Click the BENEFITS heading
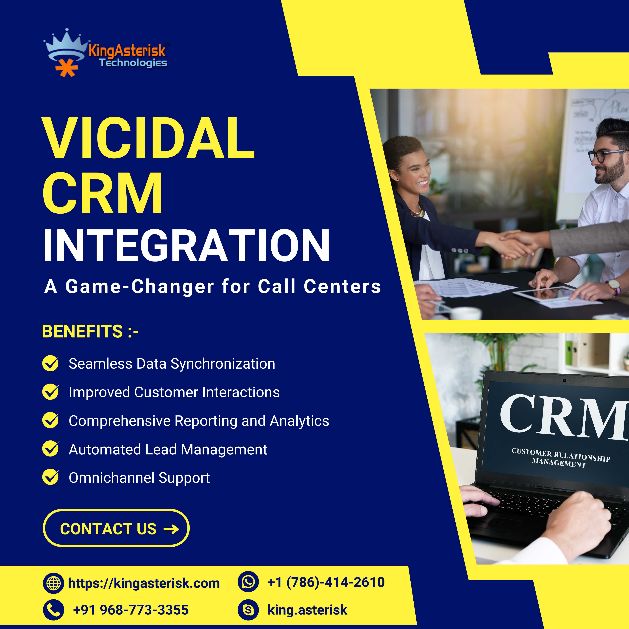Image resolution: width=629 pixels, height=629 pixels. click(x=91, y=331)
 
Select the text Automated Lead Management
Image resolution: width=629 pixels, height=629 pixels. click(x=168, y=449)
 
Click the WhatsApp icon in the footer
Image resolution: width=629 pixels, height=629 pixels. click(x=248, y=582)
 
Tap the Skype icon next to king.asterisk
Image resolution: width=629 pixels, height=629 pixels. click(x=248, y=610)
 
